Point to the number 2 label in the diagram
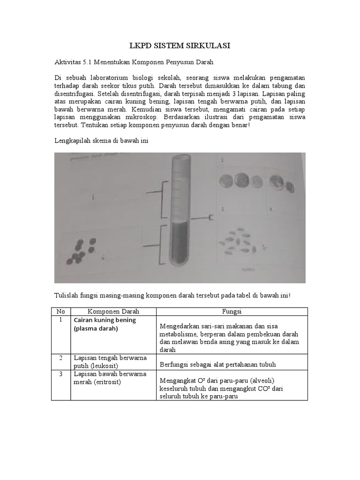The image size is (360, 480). (x=222, y=160)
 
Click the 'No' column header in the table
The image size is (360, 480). (x=60, y=312)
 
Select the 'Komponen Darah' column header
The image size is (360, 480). (x=113, y=312)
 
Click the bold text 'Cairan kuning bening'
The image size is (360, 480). (x=105, y=320)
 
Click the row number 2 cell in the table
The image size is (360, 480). (x=60, y=358)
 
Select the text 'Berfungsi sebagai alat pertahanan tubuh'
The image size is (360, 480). (x=218, y=364)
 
